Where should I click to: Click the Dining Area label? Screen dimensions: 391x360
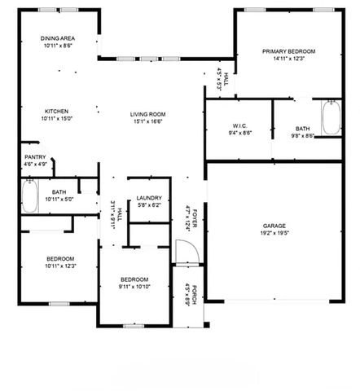tap(59, 39)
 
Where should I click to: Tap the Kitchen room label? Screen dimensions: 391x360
tap(56, 112)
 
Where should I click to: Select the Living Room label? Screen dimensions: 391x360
tap(148, 114)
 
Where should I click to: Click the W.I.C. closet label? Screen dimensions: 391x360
tap(239, 125)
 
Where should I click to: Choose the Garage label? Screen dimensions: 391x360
tap(273, 226)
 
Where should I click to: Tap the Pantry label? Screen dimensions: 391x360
tap(35, 157)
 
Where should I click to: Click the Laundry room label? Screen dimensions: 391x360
tap(149, 198)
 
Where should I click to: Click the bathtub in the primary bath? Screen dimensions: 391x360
tap(331, 119)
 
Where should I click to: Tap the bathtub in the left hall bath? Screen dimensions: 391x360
tap(29, 195)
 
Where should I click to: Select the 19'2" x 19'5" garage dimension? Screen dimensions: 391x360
tap(273, 233)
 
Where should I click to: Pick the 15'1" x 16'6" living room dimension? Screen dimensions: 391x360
tap(148, 121)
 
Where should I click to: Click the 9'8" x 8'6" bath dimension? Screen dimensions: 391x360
tap(302, 136)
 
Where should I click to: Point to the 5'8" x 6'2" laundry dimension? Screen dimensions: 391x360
tap(149, 205)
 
